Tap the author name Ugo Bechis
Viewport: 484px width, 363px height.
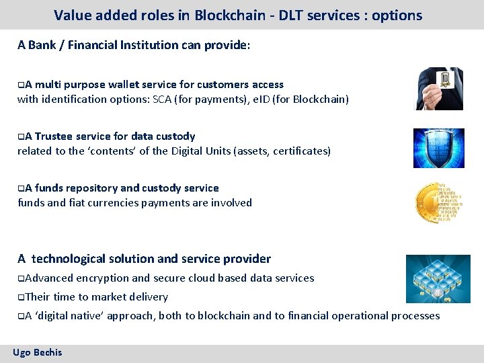click(x=38, y=352)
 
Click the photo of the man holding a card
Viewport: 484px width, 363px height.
click(x=439, y=88)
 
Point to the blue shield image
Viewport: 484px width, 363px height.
click(x=438, y=148)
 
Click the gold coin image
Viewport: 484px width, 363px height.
click(x=439, y=202)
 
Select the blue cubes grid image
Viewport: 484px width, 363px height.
click(x=438, y=278)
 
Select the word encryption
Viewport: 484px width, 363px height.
click(x=103, y=278)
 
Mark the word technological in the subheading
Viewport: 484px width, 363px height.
click(x=70, y=259)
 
